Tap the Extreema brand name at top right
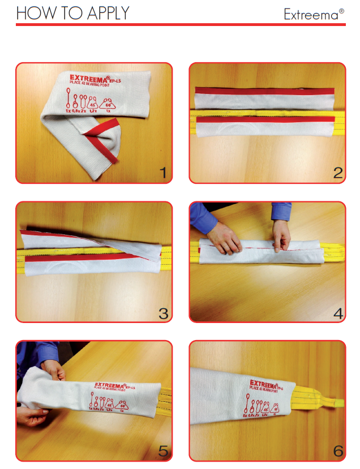314,15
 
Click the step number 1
163,173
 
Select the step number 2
337,173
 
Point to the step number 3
163,312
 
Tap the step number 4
338,312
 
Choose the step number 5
163,451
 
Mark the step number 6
338,451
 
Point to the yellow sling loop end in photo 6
334,402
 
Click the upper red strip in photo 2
264,92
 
